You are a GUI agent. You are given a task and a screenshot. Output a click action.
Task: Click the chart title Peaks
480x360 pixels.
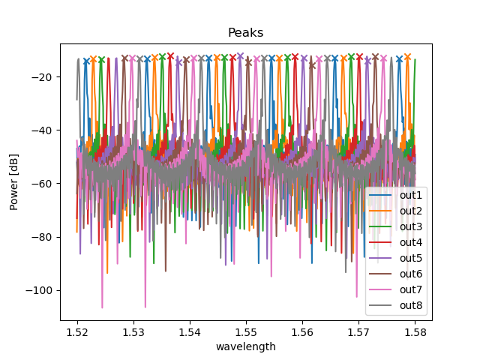click(x=245, y=34)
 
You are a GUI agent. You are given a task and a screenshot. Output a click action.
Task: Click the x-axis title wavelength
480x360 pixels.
click(x=245, y=346)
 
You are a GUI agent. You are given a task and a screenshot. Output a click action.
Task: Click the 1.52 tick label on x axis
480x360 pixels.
click(x=77, y=331)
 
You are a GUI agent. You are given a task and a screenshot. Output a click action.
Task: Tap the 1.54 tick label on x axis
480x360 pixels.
click(x=190, y=331)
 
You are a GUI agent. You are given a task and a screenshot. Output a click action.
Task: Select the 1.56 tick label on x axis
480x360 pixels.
click(x=302, y=331)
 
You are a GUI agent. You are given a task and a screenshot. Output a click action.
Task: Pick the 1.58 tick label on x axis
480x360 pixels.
click(x=415, y=331)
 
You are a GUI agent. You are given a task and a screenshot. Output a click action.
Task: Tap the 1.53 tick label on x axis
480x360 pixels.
click(x=133, y=331)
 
